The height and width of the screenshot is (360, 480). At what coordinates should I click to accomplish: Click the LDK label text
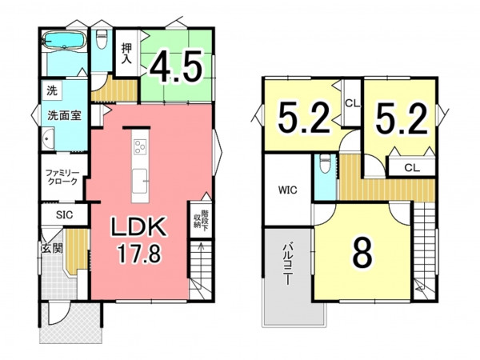pyautogui.click(x=139, y=227)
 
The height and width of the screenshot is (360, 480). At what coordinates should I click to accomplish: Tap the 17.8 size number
pyautogui.click(x=139, y=254)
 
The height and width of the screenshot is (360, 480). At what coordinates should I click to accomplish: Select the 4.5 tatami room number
pyautogui.click(x=176, y=66)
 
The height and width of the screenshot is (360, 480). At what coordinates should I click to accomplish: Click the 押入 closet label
pyautogui.click(x=126, y=54)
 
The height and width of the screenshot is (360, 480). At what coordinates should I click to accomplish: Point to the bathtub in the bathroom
pyautogui.click(x=64, y=40)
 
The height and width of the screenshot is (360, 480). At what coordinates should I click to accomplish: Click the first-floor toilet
pyautogui.click(x=102, y=39)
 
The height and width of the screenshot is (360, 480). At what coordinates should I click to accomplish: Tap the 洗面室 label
pyautogui.click(x=64, y=115)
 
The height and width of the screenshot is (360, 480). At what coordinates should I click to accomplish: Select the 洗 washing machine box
pyautogui.click(x=52, y=90)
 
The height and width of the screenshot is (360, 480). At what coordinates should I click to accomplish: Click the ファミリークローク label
pyautogui.click(x=62, y=177)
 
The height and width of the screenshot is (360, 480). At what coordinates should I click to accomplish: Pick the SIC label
pyautogui.click(x=65, y=215)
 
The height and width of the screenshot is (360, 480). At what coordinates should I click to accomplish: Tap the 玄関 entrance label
pyautogui.click(x=52, y=248)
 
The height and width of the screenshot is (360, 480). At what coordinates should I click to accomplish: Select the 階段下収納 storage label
pyautogui.click(x=201, y=219)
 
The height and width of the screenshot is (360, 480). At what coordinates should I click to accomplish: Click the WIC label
pyautogui.click(x=287, y=190)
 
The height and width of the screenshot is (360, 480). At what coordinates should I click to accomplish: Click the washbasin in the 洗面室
pyautogui.click(x=48, y=138)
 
